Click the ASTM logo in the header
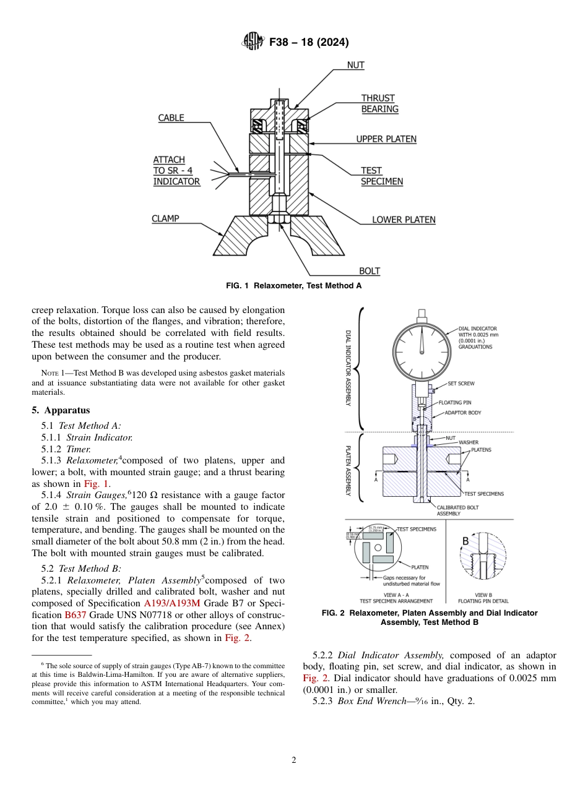(x=252, y=42)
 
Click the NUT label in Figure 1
(x=355, y=65)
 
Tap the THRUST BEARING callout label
(x=379, y=103)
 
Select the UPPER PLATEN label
(x=386, y=139)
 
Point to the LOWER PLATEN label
(x=403, y=220)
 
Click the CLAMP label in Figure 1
(x=165, y=218)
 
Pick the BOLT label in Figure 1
(x=370, y=271)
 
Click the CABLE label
(x=171, y=118)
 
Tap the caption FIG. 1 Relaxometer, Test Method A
(x=293, y=286)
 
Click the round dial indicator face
(x=422, y=350)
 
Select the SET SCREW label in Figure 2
(x=460, y=384)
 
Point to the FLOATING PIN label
(x=454, y=403)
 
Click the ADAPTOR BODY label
(x=463, y=413)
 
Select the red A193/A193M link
(x=171, y=603)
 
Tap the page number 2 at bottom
(x=294, y=760)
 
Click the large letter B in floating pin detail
(x=466, y=541)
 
